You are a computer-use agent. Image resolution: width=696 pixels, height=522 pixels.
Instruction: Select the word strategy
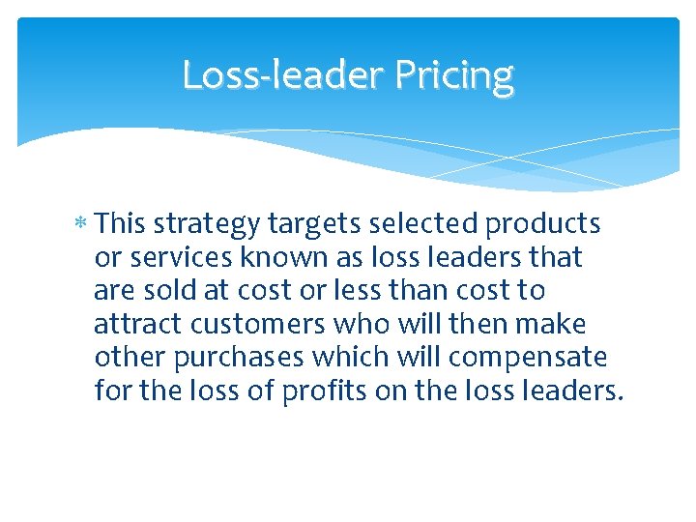coord(205,225)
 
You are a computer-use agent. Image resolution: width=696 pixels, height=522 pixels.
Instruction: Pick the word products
coord(543,224)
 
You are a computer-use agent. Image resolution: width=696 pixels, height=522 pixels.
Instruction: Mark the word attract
coord(136,325)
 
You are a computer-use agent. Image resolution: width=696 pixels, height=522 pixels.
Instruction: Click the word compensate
coord(528,359)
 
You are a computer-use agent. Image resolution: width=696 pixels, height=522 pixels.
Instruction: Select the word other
coord(131,359)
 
